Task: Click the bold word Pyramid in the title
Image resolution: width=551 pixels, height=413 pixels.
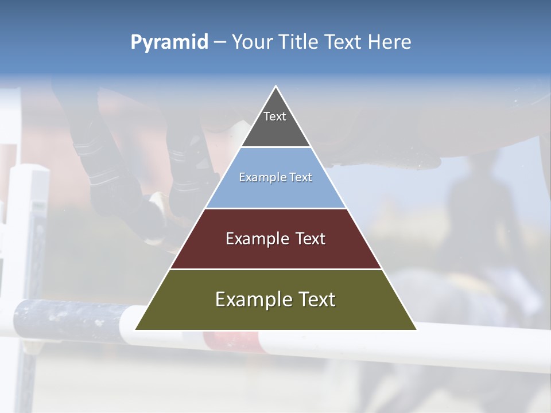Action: click(169, 42)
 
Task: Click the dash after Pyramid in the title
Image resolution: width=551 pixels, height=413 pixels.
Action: click(219, 42)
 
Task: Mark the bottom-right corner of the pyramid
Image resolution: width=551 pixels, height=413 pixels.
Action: click(416, 329)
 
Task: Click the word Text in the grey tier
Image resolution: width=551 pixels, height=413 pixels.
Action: click(275, 116)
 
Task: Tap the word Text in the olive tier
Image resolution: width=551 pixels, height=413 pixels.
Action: click(313, 299)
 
